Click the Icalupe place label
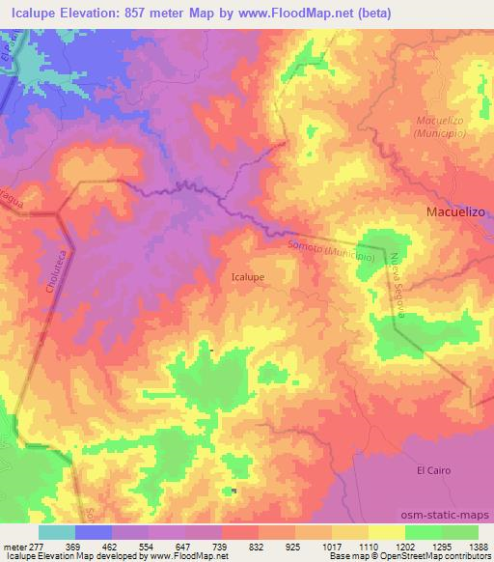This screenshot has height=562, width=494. point(249,275)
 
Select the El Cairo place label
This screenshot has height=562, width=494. point(433,470)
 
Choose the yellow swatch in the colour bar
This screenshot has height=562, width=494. point(385,532)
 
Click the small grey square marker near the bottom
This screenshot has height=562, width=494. point(233,491)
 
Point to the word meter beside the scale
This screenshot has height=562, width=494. point(13,547)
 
